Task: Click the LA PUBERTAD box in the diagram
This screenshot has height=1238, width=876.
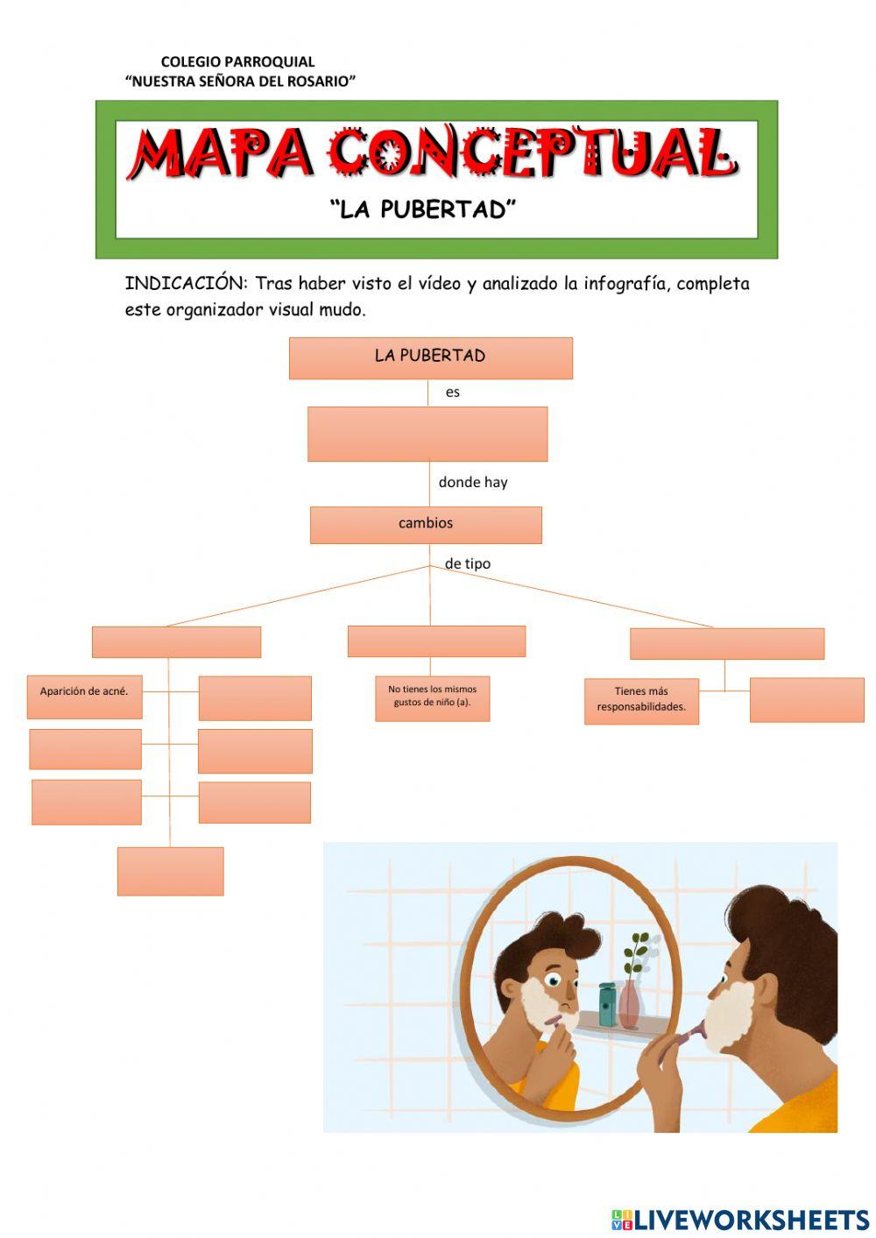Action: [430, 357]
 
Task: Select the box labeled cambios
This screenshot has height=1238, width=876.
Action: [426, 524]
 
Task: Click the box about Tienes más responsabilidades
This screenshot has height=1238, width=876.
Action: [641, 700]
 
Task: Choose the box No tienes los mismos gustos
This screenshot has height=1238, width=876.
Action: [432, 697]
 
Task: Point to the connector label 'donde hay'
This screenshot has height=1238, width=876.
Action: [472, 482]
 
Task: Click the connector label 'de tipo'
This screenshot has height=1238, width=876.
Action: [467, 563]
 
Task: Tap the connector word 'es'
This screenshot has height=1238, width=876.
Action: [452, 393]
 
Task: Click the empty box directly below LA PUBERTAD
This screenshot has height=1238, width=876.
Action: [427, 434]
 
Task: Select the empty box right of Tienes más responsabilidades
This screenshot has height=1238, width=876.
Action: [806, 699]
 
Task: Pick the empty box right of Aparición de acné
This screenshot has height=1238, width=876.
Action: [255, 697]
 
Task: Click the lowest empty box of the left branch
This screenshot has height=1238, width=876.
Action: [170, 871]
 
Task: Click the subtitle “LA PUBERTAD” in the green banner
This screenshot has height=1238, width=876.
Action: [423, 209]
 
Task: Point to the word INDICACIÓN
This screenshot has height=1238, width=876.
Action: [186, 283]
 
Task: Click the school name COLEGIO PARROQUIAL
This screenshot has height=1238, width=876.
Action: [237, 61]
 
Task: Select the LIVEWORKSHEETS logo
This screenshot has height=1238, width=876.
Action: [740, 1219]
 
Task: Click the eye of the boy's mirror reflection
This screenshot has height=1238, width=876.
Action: [553, 979]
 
